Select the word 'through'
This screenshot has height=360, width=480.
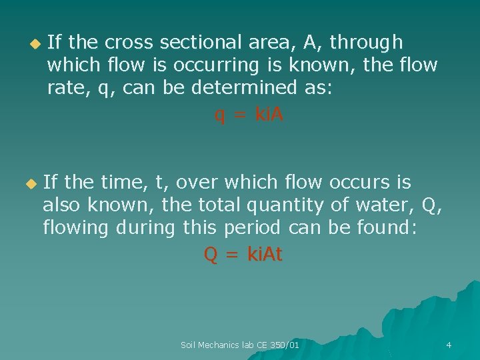[366, 43]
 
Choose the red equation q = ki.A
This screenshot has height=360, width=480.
[249, 115]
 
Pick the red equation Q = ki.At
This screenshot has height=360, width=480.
[243, 254]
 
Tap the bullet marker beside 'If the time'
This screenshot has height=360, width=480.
[29, 183]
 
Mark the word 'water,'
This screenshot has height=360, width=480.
[385, 205]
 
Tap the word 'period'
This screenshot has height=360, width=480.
[251, 228]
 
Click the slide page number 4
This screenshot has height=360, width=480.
[449, 345]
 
